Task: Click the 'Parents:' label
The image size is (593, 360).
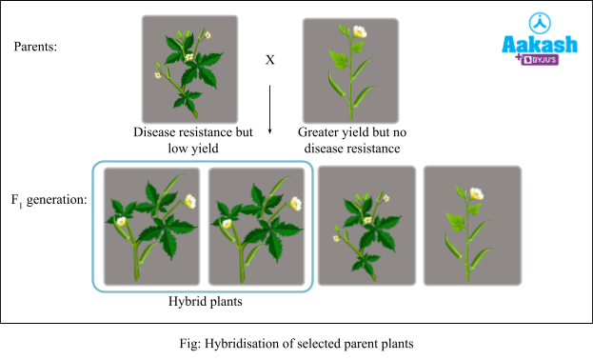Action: point(36,46)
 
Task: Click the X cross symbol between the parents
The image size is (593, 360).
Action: point(269,60)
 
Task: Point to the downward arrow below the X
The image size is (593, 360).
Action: point(269,110)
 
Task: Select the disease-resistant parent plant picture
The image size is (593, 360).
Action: point(189,69)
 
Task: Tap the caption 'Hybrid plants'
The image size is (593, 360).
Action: point(204,301)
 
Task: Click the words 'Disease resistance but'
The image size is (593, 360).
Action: point(192,132)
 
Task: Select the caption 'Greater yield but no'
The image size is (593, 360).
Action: point(352,132)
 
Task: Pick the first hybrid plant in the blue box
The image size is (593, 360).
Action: point(151,226)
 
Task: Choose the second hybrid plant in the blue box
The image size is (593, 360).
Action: point(256,226)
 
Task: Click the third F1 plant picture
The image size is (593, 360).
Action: point(366,226)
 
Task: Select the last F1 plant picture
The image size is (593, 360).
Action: point(471,226)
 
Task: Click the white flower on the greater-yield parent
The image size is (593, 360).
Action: point(359,32)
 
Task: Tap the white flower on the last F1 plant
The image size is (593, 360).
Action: point(476,193)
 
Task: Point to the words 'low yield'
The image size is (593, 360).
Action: point(192,149)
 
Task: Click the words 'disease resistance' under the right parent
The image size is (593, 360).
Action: point(352,149)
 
